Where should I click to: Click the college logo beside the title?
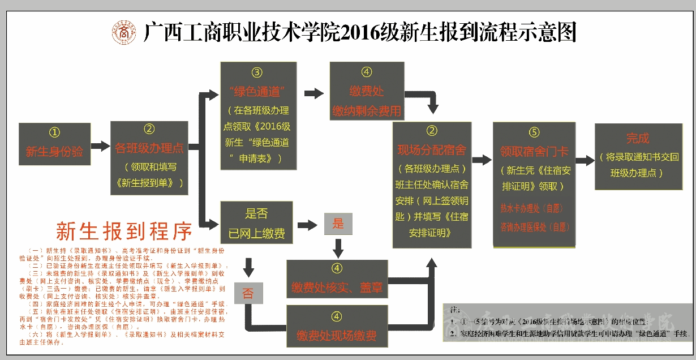coord(123,32)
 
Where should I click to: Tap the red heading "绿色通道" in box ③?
coord(257,91)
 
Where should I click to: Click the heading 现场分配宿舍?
coord(431,150)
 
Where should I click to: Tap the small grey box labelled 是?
coord(338,224)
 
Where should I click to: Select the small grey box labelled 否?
coord(248,293)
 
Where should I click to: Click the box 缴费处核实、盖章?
coord(337,279)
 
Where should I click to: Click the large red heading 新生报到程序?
coord(124,231)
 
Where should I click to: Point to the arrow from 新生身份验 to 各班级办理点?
coord(100,146)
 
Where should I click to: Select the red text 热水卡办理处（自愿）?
coord(531,208)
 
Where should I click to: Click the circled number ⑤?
coord(534,133)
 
